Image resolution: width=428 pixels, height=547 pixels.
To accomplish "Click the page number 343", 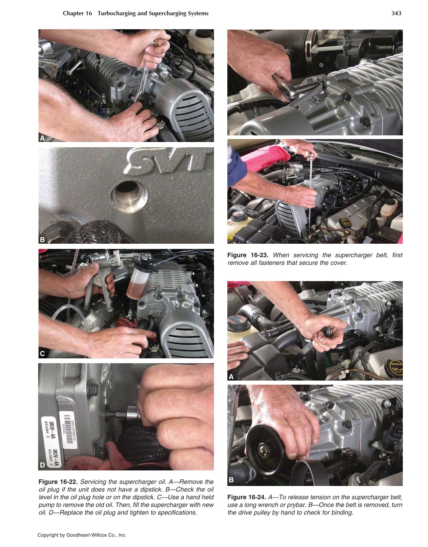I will coord(396,13).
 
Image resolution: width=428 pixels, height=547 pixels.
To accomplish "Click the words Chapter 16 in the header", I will coord(77,13).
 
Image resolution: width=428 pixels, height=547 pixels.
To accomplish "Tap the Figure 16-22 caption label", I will coord(58,482).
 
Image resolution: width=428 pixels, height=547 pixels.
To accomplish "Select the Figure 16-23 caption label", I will coord(247,255).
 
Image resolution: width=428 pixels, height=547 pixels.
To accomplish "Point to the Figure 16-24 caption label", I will coord(247,497).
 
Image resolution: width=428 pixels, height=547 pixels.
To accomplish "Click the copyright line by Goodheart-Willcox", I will coord(82,535).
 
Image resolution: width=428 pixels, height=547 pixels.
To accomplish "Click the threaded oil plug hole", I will coord(129,193).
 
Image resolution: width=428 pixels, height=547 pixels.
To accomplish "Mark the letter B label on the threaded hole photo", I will coord(42,240).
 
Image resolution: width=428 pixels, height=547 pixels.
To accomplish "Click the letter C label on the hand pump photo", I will coord(42,354).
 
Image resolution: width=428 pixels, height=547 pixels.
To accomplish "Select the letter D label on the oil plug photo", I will coord(42,465).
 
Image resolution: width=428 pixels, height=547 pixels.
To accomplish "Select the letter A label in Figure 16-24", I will coord(231,377).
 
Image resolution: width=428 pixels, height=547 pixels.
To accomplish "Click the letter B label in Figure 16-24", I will coord(231,480).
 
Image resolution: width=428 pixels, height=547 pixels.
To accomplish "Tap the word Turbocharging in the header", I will coord(117,13).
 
